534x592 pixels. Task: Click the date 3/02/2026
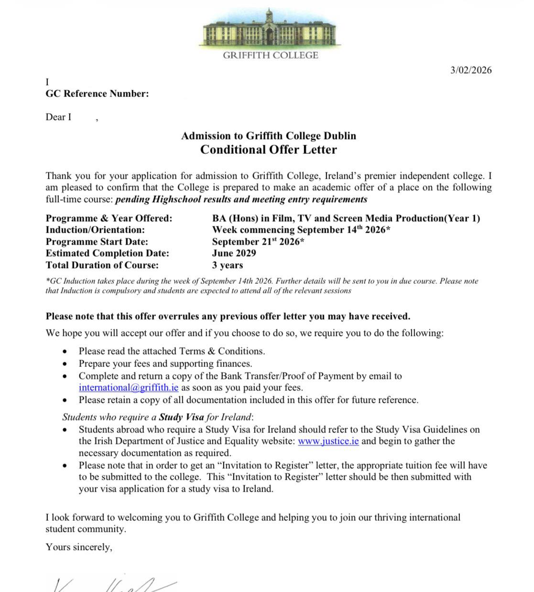pos(470,70)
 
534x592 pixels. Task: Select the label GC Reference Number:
pos(97,94)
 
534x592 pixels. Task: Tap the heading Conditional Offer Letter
pos(268,150)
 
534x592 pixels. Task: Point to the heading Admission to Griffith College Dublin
pos(268,136)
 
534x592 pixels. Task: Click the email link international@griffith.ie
pos(129,387)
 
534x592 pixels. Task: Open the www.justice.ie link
pos(328,441)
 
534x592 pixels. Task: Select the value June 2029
pos(234,253)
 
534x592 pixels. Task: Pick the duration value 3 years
pos(228,265)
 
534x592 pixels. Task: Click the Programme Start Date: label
pos(97,242)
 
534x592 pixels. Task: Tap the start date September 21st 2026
pos(258,242)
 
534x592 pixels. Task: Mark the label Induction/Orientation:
pos(95,230)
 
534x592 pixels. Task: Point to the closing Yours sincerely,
pos(79,547)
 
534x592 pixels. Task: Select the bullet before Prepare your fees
pos(65,364)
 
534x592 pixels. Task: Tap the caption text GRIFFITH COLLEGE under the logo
pos(270,55)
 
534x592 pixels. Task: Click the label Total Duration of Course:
pos(102,265)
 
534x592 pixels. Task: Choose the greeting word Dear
pos(55,117)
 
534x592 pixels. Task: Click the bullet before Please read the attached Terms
pos(65,352)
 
